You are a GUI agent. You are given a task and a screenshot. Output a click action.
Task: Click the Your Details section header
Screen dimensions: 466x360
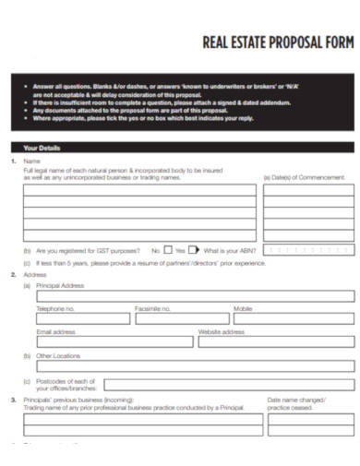coord(42,148)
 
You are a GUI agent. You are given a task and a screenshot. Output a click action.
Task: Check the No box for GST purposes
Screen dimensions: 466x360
coord(167,249)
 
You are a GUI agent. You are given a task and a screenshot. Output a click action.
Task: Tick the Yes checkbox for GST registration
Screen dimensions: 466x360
coord(193,249)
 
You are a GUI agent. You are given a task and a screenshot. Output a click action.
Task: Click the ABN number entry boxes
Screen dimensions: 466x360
coord(308,249)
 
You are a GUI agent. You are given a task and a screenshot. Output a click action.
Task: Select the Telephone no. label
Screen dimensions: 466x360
coord(56,308)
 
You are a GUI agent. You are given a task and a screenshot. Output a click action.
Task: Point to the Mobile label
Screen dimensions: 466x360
coord(243,308)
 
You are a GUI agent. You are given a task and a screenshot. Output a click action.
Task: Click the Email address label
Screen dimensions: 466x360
coord(55,331)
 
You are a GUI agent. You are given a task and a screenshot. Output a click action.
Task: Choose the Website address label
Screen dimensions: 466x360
coord(222,331)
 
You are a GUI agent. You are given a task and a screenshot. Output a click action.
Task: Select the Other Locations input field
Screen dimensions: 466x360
coord(194,365)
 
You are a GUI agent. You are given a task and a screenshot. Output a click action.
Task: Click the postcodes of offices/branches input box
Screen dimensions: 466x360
coord(228,385)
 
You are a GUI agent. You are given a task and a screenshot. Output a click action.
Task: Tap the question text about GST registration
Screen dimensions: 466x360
coord(88,250)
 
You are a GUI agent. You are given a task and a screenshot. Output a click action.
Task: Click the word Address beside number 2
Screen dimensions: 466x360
coord(34,274)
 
